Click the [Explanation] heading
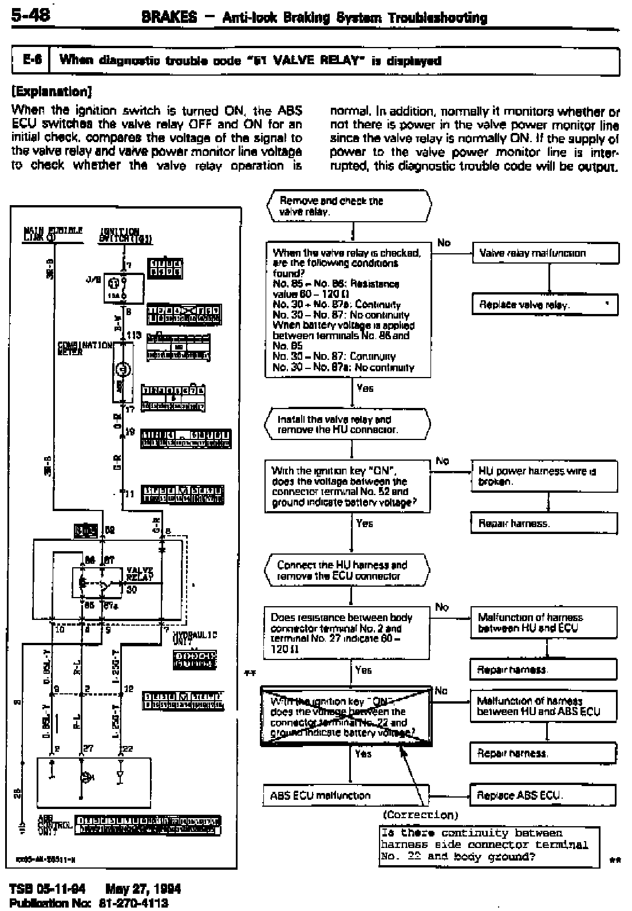[52, 92]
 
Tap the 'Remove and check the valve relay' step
[349, 206]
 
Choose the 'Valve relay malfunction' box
[545, 253]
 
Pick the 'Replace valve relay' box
[544, 305]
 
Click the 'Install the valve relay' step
[347, 424]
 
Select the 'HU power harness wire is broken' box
[544, 476]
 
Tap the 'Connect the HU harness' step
[347, 571]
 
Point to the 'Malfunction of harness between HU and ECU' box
[544, 623]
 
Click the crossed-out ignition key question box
[346, 716]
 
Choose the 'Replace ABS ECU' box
[543, 795]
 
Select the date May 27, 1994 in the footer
[143, 889]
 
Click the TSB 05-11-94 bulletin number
[48, 889]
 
